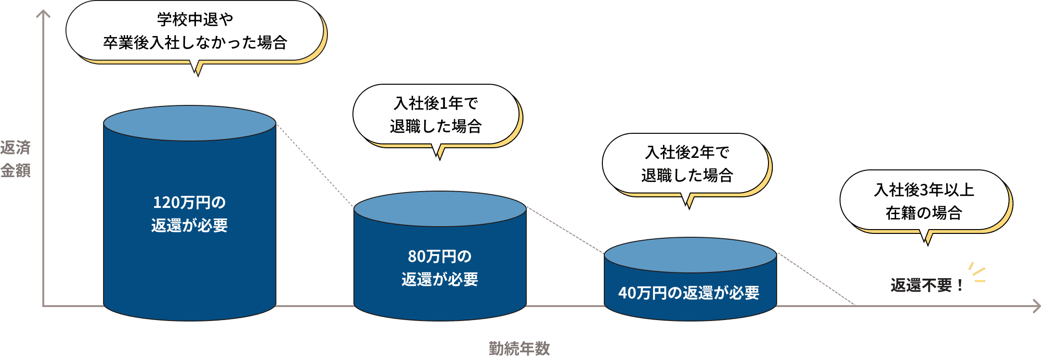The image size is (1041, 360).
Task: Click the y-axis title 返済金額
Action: point(15,159)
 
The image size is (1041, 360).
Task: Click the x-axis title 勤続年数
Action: point(519,348)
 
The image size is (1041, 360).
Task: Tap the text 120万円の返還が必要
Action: point(189,214)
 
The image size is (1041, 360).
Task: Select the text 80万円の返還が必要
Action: point(440,268)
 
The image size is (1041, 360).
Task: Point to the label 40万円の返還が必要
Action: point(689,293)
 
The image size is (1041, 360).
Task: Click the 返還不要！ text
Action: point(926,285)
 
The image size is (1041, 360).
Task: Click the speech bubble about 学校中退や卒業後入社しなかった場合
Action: point(195,31)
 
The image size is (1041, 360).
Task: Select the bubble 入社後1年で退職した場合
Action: point(436,115)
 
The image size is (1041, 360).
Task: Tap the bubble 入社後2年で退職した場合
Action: point(686,164)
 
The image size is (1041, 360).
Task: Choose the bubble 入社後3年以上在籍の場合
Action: point(924,201)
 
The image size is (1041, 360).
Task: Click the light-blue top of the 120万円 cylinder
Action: point(189,123)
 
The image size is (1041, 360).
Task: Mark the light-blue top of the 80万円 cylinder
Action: point(440,209)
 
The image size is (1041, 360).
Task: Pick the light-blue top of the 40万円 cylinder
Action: point(690,255)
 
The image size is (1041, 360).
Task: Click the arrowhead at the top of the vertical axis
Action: point(43,13)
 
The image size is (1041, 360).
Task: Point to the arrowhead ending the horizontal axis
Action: point(1037,306)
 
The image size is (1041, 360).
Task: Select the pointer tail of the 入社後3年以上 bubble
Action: point(927,238)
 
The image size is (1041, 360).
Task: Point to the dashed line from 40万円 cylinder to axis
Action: point(816,279)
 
